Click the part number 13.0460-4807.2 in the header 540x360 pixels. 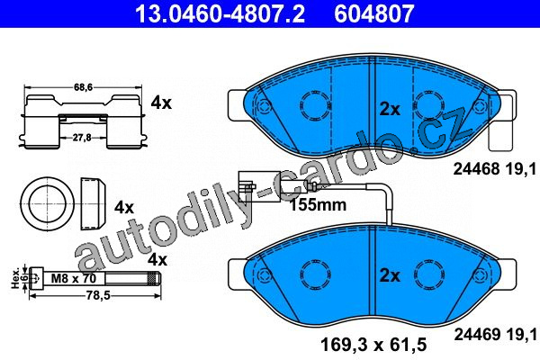(x=220, y=13)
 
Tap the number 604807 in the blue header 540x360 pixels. (x=373, y=13)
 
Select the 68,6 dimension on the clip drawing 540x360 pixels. (x=83, y=87)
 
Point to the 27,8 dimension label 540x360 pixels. (x=82, y=138)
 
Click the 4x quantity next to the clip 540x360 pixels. (x=161, y=103)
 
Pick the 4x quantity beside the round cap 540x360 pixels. (x=124, y=207)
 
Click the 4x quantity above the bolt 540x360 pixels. (x=157, y=259)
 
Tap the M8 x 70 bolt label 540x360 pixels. (x=74, y=278)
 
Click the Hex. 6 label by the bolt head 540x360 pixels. (x=19, y=278)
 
